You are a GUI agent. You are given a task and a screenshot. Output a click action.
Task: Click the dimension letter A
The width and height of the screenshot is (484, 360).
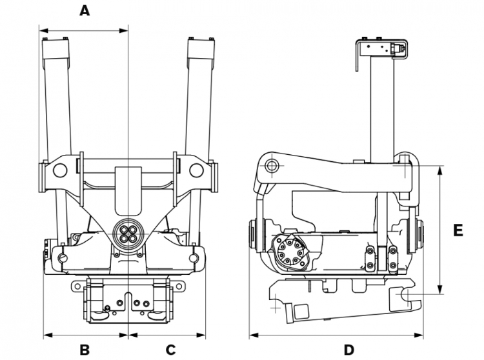coord(84,10)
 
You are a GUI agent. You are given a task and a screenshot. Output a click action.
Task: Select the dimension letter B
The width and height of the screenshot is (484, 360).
coord(85,350)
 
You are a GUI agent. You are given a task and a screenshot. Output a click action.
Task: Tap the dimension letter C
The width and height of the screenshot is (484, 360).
coord(170,350)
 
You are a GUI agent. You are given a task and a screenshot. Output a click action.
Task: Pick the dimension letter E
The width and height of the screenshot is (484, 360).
coord(458,230)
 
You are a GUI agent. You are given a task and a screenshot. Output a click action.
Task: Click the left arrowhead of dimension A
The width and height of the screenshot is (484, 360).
coord(42,29)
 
